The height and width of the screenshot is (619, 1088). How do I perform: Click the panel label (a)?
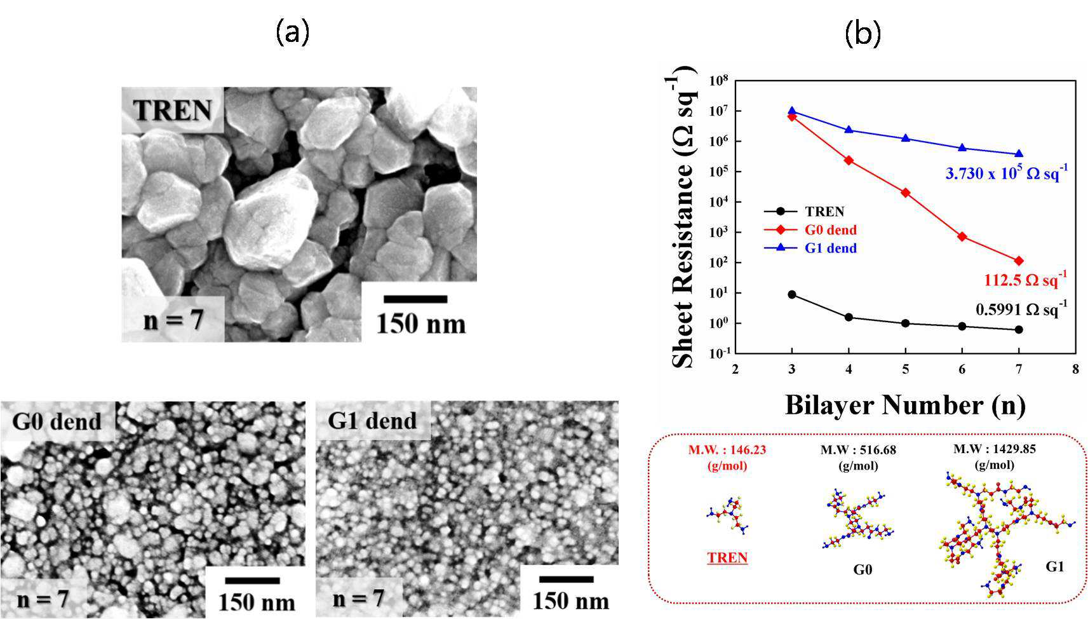click(x=292, y=34)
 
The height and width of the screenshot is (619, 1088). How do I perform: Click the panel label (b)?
click(x=863, y=34)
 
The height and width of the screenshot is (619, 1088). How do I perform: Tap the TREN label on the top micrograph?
click(x=172, y=111)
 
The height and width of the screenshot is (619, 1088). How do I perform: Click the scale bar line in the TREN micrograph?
click(x=415, y=299)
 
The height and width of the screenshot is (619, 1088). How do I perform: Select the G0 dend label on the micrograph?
click(x=57, y=421)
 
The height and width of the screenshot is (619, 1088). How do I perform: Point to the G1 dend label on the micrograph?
click(x=373, y=420)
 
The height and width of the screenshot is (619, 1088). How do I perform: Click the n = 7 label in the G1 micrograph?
click(x=358, y=598)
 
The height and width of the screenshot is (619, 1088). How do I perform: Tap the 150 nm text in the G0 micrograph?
click(x=257, y=602)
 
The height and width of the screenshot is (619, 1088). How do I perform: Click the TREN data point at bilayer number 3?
click(x=792, y=294)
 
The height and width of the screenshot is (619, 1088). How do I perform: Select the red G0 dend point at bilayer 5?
click(x=905, y=193)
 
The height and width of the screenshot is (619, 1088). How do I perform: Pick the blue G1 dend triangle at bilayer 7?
click(x=1019, y=154)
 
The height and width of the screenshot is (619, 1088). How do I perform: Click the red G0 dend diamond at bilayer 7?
click(x=1019, y=261)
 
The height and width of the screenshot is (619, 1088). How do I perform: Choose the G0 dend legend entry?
click(x=810, y=230)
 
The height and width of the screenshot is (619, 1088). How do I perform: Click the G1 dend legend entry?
click(x=810, y=248)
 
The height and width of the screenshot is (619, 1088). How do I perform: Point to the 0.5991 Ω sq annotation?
click(x=1021, y=308)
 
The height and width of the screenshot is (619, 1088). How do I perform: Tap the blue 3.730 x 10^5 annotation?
click(x=1007, y=173)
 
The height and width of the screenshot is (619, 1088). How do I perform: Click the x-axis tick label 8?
click(x=1075, y=369)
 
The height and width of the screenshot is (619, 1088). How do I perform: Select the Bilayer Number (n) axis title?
click(x=905, y=405)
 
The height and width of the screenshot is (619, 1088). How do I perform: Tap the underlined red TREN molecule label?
click(x=727, y=558)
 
